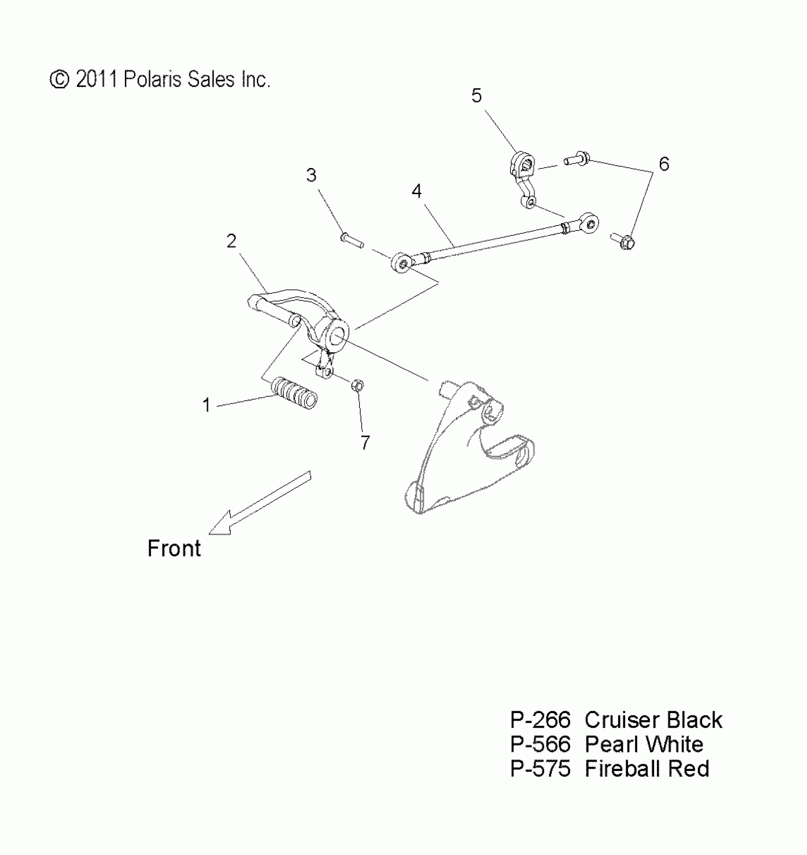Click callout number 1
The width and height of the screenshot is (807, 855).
click(206, 405)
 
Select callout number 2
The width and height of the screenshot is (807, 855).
click(231, 241)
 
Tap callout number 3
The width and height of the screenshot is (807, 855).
click(311, 175)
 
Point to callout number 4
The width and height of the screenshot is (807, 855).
click(416, 191)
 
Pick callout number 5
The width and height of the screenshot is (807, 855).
click(476, 96)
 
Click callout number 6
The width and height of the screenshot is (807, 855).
click(664, 164)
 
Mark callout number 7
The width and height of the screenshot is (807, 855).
click(365, 442)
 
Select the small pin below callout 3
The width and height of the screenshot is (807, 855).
click(352, 239)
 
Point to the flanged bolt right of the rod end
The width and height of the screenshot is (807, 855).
click(623, 241)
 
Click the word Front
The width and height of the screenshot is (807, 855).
click(174, 548)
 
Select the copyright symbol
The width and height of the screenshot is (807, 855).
click(59, 79)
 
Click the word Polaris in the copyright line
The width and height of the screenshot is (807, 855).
click(153, 79)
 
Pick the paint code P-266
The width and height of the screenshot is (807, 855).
click(540, 720)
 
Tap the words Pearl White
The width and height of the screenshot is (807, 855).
click(644, 744)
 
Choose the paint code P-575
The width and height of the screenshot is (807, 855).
click(540, 769)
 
